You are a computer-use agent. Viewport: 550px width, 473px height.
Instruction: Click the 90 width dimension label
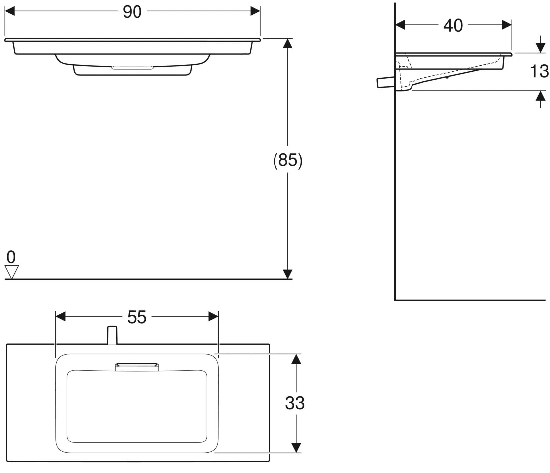coord(132,12)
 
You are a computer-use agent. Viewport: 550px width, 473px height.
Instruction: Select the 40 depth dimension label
coord(453,25)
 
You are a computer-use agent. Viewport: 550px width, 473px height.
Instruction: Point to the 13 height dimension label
coord(540,71)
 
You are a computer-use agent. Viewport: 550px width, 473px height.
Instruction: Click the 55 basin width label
coord(137,317)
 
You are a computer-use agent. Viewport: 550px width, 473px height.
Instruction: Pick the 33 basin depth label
coord(295,403)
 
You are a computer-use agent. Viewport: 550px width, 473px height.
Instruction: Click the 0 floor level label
coord(11,257)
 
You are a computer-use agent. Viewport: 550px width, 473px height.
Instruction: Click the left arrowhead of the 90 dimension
coord(10,11)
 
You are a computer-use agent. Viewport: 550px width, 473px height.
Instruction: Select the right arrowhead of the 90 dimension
coord(255,11)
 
